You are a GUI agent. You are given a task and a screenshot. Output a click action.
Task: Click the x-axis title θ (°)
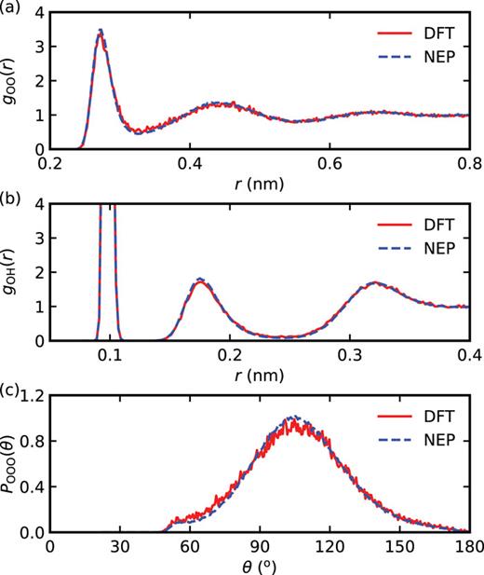pyautogui.click(x=260, y=565)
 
